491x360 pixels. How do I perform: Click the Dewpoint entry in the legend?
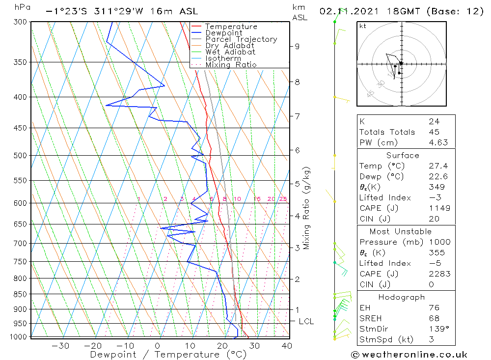(x=223, y=33)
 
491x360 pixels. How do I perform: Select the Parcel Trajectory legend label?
(x=241, y=39)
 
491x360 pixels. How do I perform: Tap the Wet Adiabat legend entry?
(x=230, y=52)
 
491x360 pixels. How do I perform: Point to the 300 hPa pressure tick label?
(x=21, y=22)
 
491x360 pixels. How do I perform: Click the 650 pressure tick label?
(x=21, y=224)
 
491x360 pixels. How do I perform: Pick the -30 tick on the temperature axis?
(x=60, y=346)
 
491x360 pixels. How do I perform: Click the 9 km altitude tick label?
(x=297, y=46)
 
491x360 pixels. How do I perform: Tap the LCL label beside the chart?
(x=306, y=321)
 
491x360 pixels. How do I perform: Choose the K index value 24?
(x=434, y=121)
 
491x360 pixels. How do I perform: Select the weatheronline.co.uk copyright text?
(x=409, y=354)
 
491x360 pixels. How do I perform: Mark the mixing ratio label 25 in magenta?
(x=283, y=199)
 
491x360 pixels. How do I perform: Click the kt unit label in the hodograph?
(x=363, y=26)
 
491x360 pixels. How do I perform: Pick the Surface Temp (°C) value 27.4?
(x=438, y=166)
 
